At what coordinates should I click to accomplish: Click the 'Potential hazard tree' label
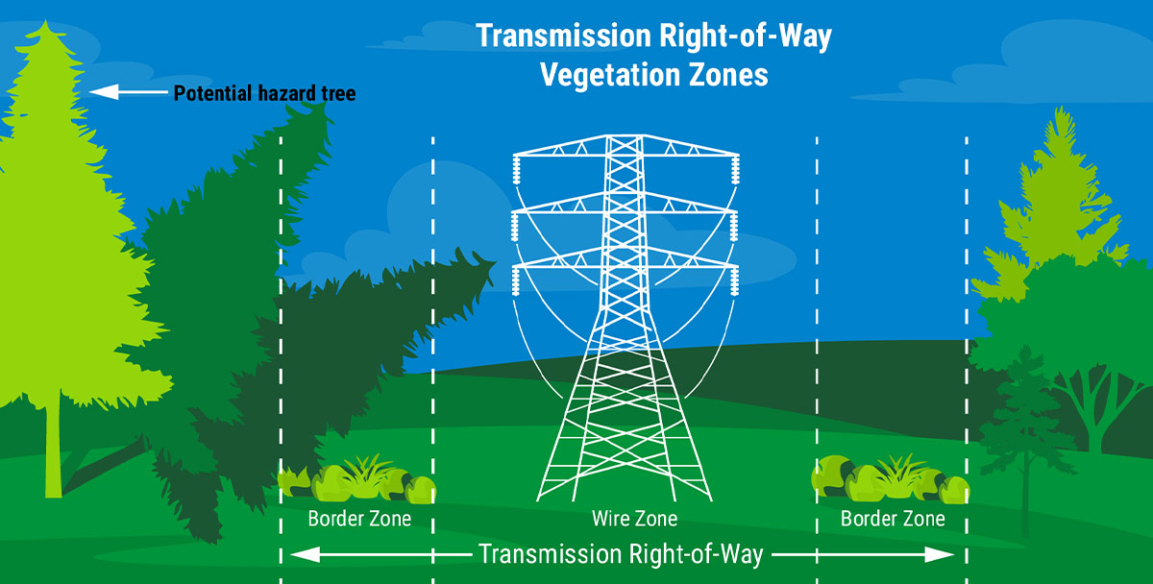[x=264, y=94]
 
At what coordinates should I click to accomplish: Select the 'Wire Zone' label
[x=634, y=520]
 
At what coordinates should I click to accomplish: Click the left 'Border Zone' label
[x=359, y=520]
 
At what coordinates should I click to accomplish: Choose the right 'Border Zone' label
[x=893, y=520]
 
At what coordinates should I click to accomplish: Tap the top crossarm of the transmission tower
[x=625, y=153]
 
